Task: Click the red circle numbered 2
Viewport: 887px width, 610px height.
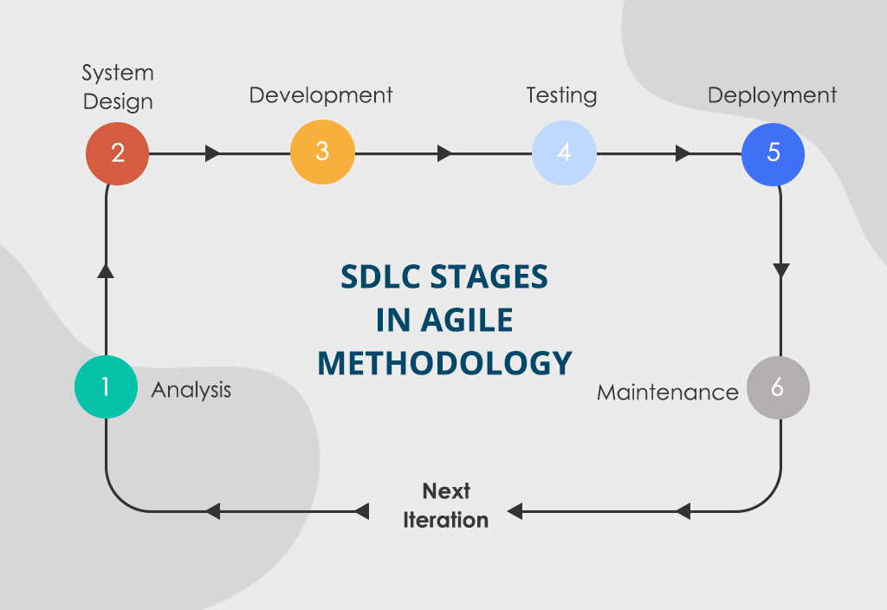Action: click(x=118, y=153)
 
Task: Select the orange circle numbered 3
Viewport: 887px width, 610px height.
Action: click(x=322, y=152)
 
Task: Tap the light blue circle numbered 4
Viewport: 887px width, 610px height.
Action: click(x=564, y=152)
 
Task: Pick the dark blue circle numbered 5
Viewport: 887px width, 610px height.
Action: click(x=773, y=153)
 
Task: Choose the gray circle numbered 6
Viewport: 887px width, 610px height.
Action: click(x=777, y=387)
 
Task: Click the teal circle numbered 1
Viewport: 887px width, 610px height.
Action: click(x=106, y=386)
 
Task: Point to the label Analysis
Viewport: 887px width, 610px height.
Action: click(x=191, y=390)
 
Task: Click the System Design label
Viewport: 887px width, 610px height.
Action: click(x=118, y=87)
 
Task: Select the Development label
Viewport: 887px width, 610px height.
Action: click(x=320, y=94)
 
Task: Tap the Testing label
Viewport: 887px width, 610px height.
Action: click(x=562, y=94)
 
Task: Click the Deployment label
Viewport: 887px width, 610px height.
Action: click(x=772, y=94)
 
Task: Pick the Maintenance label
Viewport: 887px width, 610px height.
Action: click(x=668, y=392)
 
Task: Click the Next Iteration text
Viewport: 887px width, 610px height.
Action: click(x=446, y=505)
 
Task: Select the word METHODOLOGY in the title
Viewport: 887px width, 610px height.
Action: click(x=444, y=362)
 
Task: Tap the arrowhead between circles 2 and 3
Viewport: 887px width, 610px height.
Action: click(x=212, y=153)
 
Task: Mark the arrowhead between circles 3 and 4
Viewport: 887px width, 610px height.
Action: click(x=444, y=153)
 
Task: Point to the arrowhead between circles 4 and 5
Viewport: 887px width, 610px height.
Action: click(x=683, y=153)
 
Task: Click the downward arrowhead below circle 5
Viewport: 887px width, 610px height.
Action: click(x=781, y=270)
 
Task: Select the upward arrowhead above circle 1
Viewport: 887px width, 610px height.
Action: click(x=106, y=270)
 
